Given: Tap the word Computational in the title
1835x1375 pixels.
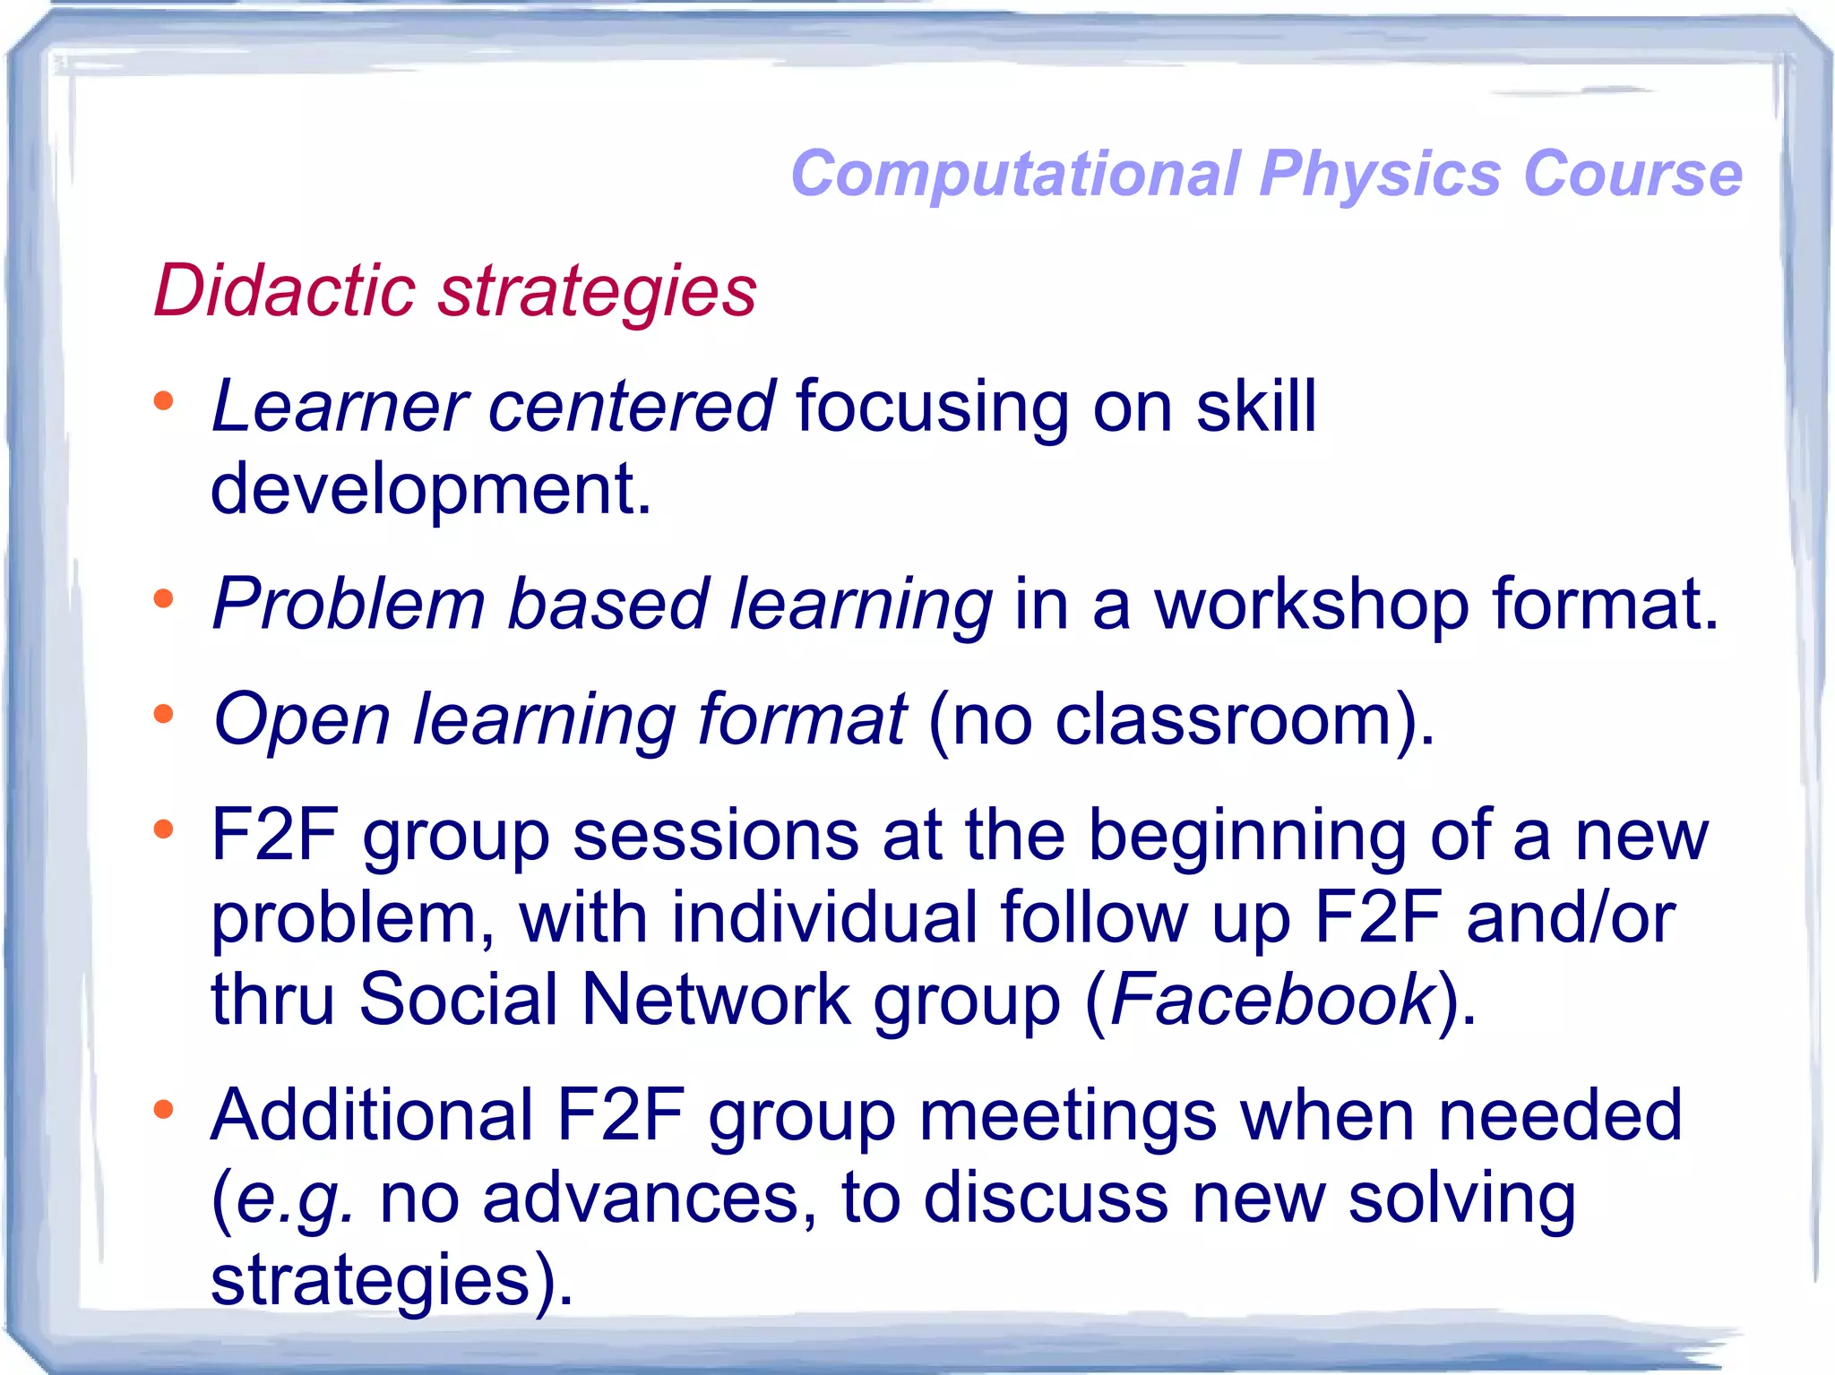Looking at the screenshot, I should pos(1016,174).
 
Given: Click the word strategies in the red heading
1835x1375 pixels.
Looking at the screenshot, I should pos(598,293).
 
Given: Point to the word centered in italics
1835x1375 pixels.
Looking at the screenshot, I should pos(631,407).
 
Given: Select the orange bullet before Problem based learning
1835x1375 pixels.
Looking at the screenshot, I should pos(163,598).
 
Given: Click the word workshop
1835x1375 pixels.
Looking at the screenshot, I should pos(1311,605).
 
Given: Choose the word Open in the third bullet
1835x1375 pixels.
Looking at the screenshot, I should pos(302,719).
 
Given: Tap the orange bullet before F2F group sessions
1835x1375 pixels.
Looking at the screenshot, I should pos(163,829).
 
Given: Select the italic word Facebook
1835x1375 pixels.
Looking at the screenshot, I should pos(1272,1000).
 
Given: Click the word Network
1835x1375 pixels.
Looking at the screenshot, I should pos(716,1000).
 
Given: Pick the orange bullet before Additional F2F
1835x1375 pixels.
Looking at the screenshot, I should pos(163,1111).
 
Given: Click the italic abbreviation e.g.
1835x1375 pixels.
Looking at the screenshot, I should pos(295,1199).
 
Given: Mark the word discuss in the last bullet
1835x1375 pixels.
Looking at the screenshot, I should pos(1046,1198).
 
